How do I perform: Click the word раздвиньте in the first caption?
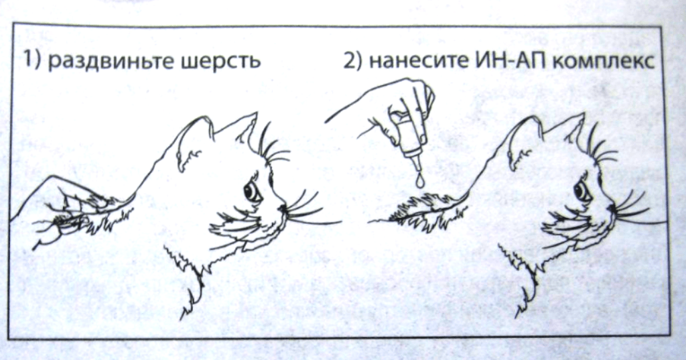tap(109, 61)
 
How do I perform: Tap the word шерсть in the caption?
tap(220, 61)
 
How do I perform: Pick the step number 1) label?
tap(32, 60)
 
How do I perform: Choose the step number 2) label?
tap(352, 61)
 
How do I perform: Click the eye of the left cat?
tap(252, 191)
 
